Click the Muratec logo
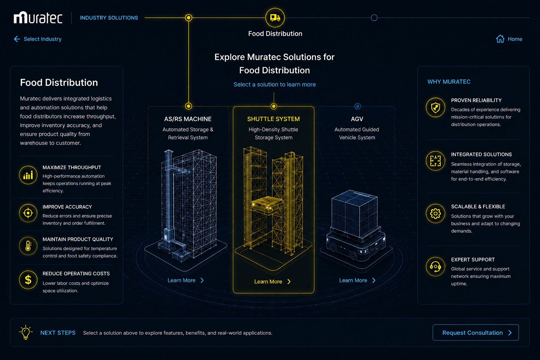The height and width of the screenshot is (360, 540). (38, 17)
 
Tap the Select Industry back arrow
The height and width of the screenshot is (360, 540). (17, 39)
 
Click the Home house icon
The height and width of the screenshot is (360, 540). (500, 39)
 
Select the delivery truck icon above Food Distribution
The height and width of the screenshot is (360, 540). (275, 18)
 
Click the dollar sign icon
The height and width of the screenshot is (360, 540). (28, 280)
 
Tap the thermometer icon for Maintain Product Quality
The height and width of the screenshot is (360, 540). (28, 246)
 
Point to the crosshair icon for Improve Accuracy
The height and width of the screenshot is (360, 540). (28, 213)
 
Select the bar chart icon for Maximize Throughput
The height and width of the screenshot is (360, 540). (28, 175)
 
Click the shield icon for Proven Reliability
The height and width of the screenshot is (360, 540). (435, 108)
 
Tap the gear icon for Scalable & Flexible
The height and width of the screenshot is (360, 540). (435, 213)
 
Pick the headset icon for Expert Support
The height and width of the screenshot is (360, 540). (435, 267)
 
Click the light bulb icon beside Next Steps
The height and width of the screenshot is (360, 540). (26, 333)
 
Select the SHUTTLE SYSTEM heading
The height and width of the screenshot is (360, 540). (274, 119)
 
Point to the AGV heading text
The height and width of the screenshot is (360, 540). (357, 119)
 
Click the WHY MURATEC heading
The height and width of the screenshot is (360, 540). (449, 82)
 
